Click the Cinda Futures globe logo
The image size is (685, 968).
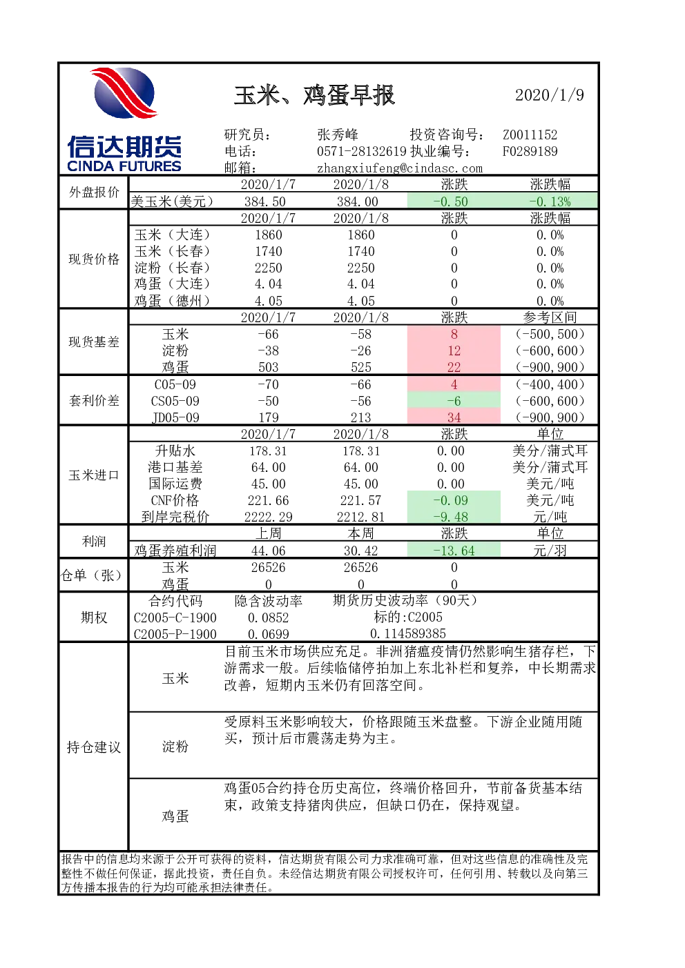point(124,92)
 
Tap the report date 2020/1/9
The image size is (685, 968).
point(549,95)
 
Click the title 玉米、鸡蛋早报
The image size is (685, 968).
point(314,95)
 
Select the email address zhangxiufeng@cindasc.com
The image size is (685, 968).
point(400,168)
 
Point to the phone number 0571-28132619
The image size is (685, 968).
point(362,151)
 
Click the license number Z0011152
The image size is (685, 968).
point(530,135)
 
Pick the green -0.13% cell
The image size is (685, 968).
point(550,201)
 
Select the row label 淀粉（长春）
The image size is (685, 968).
point(172,268)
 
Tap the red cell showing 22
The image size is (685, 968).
point(454,367)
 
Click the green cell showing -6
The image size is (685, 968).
point(454,401)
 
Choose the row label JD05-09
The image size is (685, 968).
point(175,417)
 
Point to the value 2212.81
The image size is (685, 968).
point(360,517)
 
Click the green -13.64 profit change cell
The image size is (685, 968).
point(454,551)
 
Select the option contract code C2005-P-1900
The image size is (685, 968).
point(175,634)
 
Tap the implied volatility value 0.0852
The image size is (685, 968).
point(268,618)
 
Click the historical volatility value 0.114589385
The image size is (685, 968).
point(408,633)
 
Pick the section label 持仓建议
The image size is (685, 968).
point(94,747)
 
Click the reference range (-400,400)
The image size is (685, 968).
point(550,384)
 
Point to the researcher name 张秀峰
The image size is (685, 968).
point(338,135)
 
